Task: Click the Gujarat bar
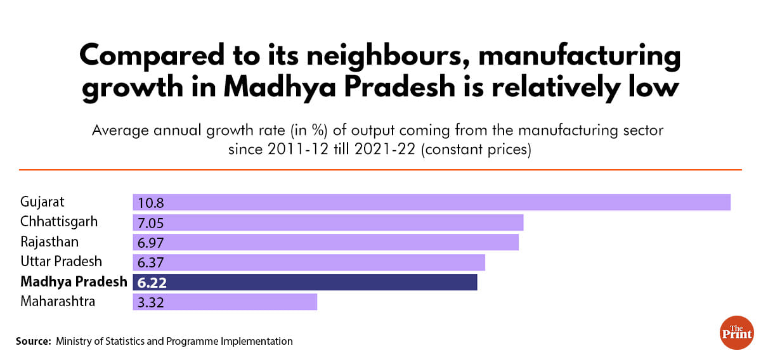coord(431,202)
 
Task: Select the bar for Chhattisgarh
coord(328,222)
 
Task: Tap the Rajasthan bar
coord(325,242)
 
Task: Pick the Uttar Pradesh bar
coord(309,262)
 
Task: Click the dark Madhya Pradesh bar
coord(304,282)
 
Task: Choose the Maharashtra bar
coord(224,302)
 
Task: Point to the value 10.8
coord(148,203)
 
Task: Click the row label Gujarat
coord(42,202)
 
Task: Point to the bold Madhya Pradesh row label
coord(74,281)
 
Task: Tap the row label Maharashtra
coord(58,301)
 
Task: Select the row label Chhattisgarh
coord(59,222)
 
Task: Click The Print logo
coord(736,332)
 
